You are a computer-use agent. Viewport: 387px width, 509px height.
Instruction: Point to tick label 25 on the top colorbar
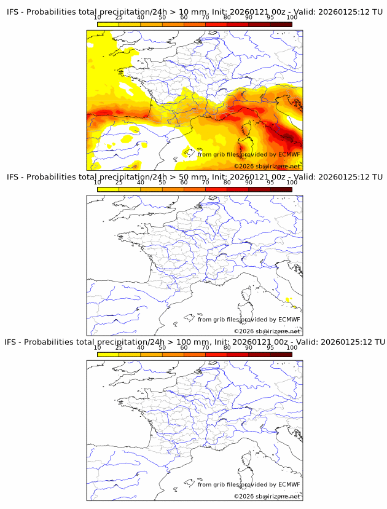119,17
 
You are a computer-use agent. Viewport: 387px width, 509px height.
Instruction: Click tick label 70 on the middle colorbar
205,183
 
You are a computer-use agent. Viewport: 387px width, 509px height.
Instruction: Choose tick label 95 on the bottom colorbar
270,347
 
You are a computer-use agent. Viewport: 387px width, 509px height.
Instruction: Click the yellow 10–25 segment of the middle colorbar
107,189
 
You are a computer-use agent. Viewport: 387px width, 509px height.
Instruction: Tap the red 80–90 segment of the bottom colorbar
237,354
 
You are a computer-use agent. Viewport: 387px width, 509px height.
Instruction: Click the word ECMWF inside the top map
289,155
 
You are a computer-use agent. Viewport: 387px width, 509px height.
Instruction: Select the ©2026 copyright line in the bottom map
267,496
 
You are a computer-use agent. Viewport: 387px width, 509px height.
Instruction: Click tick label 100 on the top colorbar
292,17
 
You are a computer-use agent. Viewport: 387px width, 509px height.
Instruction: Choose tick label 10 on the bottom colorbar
97,347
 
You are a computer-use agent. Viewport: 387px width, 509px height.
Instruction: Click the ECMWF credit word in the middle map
289,320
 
